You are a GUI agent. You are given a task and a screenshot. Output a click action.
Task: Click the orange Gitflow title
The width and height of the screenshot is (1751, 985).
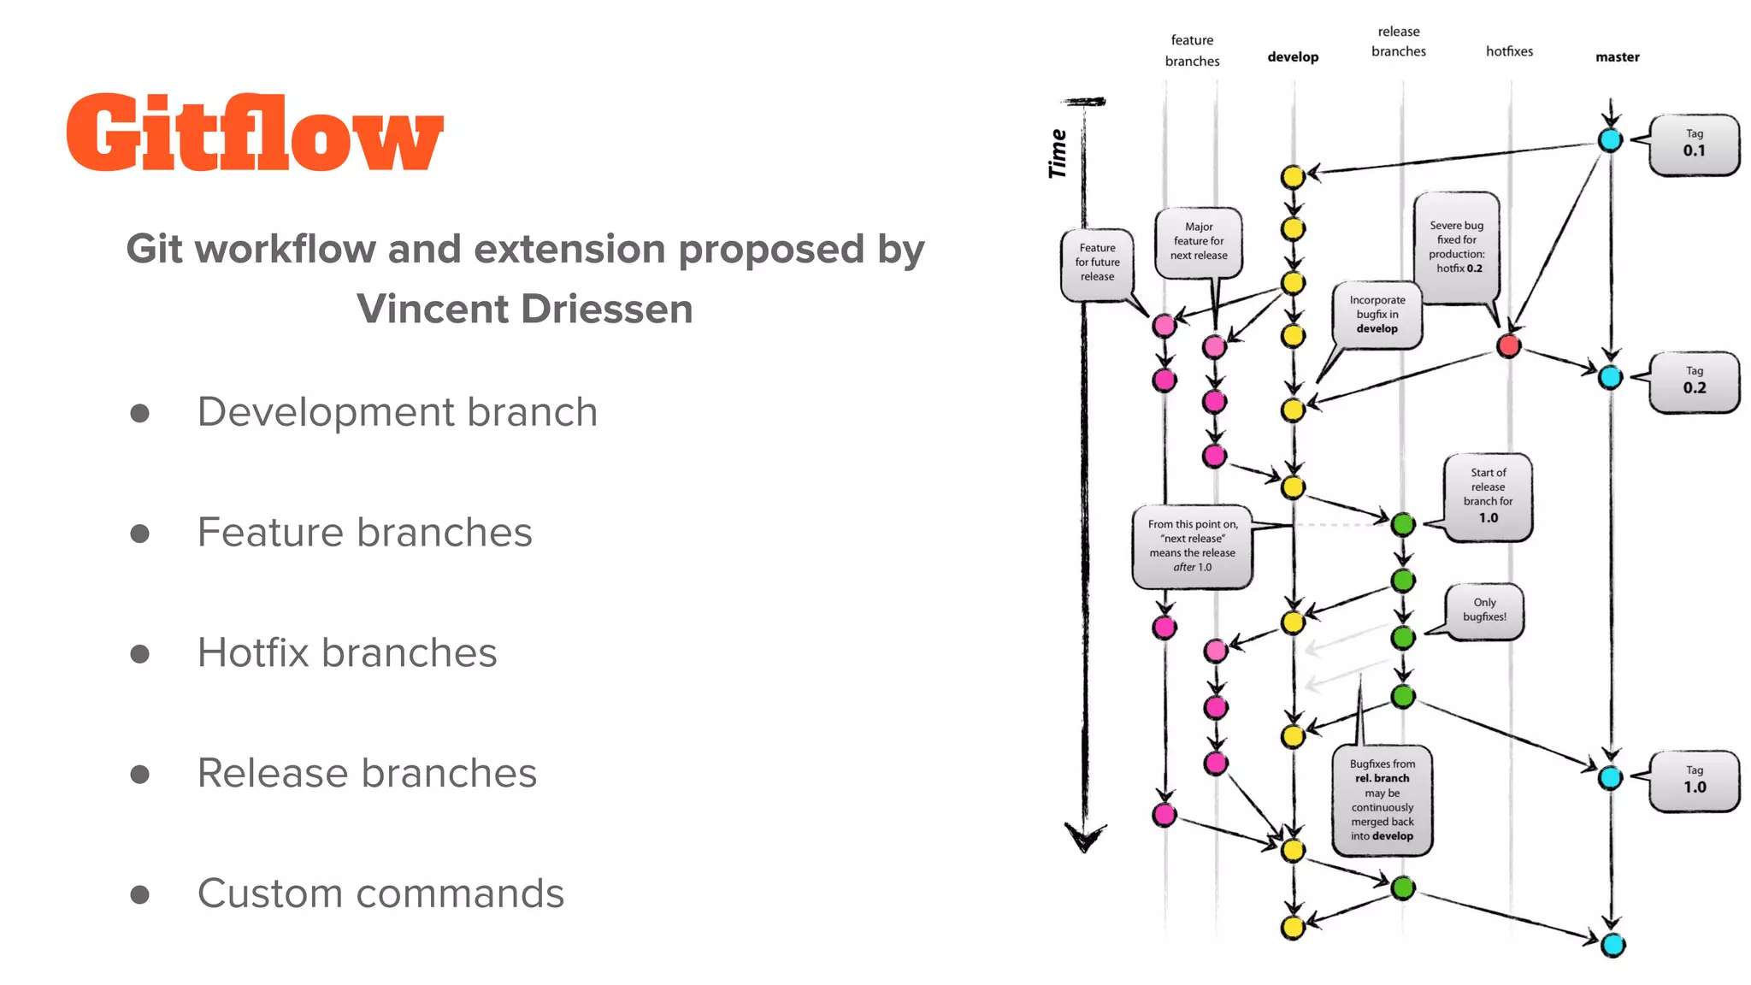(255, 133)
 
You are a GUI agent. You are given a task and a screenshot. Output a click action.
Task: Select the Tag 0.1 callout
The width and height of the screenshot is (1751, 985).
(1694, 145)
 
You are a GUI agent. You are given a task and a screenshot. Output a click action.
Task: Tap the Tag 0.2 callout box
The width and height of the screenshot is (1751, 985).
(1694, 381)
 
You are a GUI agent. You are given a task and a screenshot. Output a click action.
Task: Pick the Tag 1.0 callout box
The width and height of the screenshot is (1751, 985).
(1694, 781)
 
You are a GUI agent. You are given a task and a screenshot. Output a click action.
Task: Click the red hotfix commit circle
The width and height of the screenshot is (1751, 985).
(1508, 345)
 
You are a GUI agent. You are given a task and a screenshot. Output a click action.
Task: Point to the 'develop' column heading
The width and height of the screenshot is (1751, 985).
(1293, 57)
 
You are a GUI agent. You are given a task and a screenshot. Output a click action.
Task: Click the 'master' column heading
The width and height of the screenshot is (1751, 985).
(1617, 57)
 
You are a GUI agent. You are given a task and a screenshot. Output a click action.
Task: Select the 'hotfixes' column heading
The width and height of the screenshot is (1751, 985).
(1509, 51)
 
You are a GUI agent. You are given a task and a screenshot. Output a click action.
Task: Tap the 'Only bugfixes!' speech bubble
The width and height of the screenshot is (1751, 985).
(1484, 610)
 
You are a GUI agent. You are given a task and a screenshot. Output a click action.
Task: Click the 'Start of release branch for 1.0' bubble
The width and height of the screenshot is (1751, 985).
(1488, 496)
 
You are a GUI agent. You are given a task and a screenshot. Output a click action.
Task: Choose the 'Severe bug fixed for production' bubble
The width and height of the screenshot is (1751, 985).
(1456, 247)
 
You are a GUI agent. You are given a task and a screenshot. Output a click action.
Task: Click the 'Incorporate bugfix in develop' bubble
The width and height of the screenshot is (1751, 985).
(1377, 315)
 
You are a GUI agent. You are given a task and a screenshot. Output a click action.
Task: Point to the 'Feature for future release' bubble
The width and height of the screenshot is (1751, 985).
(1097, 263)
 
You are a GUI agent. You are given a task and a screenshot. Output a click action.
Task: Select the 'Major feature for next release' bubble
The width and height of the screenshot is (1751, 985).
(1198, 242)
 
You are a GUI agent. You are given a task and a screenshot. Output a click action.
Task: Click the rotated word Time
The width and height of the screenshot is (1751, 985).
(1058, 154)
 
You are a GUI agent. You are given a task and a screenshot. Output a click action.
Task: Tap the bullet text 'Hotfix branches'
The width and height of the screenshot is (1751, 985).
(346, 653)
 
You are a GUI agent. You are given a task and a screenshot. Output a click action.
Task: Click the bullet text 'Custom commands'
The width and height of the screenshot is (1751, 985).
(380, 894)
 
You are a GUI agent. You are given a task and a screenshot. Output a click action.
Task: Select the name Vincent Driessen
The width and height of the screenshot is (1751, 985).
(524, 309)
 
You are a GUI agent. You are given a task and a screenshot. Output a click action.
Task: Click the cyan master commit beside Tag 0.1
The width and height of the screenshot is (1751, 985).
(1610, 140)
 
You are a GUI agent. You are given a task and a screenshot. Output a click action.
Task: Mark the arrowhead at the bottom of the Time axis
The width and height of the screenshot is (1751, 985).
(1085, 839)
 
